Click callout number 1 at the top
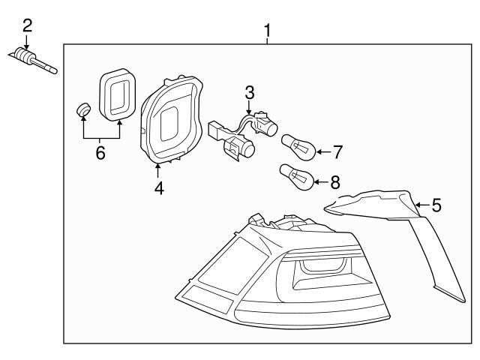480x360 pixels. [267, 31]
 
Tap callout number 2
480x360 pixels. [27, 25]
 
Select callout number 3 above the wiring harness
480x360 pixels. [250, 94]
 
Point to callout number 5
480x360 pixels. [436, 203]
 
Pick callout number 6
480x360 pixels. [100, 154]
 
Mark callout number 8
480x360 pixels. [335, 181]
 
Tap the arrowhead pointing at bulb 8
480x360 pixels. [316, 181]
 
